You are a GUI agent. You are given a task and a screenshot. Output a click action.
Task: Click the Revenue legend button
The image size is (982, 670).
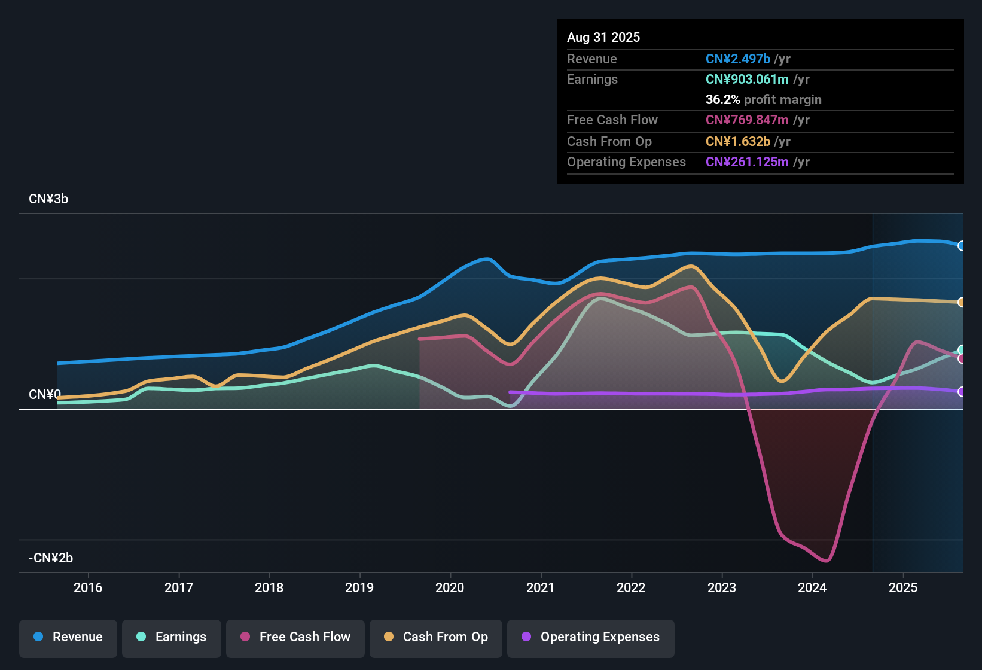click(68, 637)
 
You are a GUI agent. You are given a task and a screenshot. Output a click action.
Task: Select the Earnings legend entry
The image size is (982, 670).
click(172, 637)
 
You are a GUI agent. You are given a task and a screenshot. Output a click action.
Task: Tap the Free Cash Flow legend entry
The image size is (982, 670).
click(295, 637)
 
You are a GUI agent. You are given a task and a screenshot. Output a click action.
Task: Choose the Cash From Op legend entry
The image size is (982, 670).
click(436, 637)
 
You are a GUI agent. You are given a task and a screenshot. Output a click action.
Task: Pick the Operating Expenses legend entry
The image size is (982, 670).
click(591, 637)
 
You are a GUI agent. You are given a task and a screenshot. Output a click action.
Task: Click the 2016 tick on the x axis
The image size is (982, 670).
click(88, 587)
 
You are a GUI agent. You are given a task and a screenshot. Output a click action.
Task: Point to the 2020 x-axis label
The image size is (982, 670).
click(450, 587)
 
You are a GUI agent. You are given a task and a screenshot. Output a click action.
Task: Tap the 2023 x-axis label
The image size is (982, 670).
click(722, 587)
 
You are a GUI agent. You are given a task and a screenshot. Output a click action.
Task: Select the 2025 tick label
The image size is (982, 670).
click(903, 587)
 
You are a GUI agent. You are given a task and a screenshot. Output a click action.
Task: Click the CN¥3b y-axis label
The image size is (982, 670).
click(48, 199)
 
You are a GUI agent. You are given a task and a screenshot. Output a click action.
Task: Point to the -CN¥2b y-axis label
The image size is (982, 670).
click(51, 558)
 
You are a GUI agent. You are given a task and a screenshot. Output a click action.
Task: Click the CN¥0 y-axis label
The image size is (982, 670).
click(45, 395)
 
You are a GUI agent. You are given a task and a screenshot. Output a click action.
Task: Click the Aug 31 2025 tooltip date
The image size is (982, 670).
click(603, 38)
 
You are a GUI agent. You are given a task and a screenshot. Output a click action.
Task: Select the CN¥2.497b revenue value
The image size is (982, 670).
click(737, 59)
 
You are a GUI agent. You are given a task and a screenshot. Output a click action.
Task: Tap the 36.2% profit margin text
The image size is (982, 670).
click(763, 100)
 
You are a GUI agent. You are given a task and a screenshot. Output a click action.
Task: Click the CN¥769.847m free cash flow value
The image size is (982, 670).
click(747, 120)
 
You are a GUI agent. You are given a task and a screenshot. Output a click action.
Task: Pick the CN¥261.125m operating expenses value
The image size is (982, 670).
click(747, 162)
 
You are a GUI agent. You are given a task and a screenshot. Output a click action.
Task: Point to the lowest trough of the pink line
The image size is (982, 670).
click(827, 561)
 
